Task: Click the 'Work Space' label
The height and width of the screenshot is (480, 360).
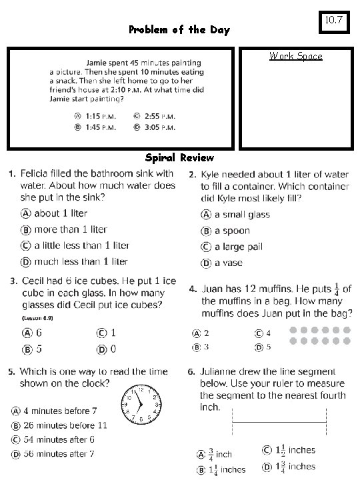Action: pos(295,56)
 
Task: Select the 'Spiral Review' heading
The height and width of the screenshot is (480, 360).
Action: pos(179,158)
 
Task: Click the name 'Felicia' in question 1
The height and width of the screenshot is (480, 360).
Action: pos(36,173)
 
